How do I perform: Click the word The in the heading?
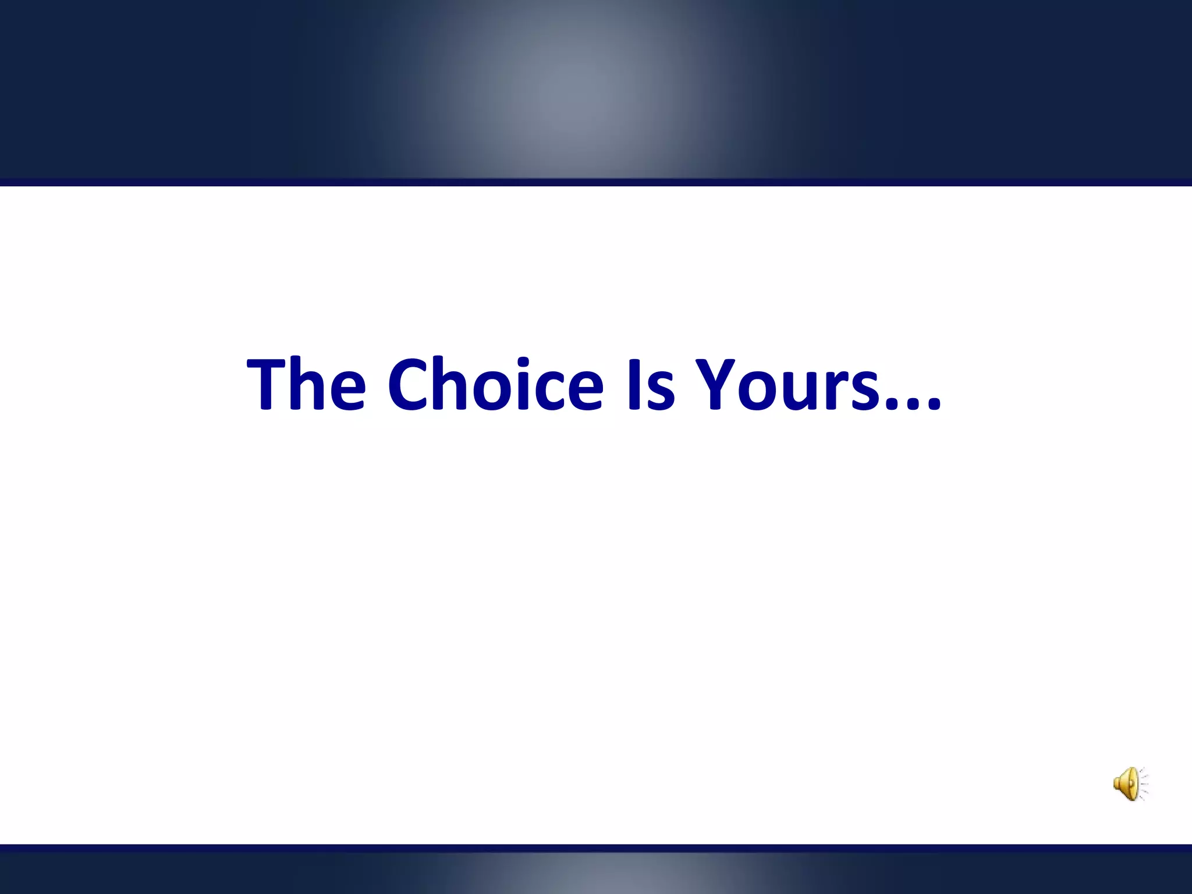pos(307,384)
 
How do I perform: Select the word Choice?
pos(495,384)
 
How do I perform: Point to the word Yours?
pos(789,384)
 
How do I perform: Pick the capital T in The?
pos(267,384)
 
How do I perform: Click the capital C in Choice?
pos(408,384)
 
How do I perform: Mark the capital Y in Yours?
pos(716,384)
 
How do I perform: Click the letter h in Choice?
pos(453,384)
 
